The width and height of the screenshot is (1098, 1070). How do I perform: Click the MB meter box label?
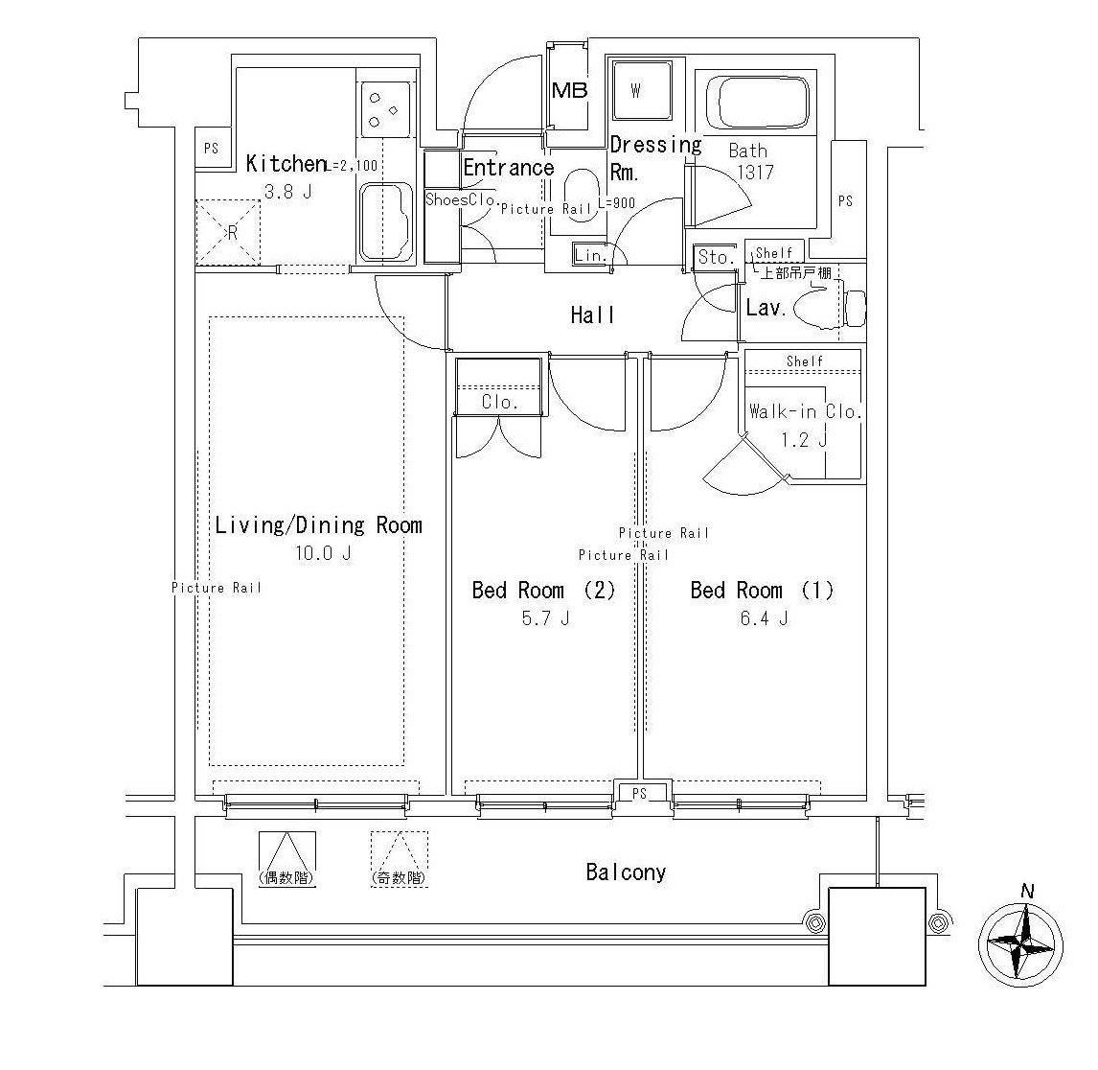click(x=569, y=90)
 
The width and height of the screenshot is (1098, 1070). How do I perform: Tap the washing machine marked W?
click(x=642, y=90)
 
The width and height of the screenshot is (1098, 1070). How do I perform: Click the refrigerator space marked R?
click(x=228, y=233)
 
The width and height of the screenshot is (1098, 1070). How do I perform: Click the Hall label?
click(x=592, y=315)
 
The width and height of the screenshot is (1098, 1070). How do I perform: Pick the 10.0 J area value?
click(x=323, y=553)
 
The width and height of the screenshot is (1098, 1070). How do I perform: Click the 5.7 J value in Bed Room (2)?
click(x=545, y=618)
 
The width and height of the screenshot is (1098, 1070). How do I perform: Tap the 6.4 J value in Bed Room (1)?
click(x=764, y=618)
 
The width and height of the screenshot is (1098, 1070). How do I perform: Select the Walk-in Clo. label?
click(x=805, y=411)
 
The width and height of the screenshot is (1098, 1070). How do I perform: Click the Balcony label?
click(x=626, y=872)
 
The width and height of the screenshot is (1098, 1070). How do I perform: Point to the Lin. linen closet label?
click(x=591, y=256)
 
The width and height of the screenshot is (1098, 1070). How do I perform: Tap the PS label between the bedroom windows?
click(x=639, y=793)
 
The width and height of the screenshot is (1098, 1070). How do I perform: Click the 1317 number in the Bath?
click(x=755, y=172)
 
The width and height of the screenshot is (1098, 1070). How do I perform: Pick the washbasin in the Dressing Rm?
click(x=582, y=196)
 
